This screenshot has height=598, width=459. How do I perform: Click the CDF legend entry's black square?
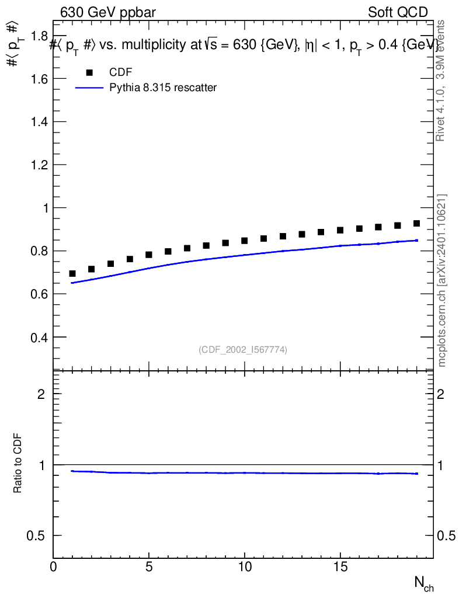89,72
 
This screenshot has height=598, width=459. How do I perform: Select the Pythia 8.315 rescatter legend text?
163,88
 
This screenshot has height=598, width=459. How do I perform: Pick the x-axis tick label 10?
245,568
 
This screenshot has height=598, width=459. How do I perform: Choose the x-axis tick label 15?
340,568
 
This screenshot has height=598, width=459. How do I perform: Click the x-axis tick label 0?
53,568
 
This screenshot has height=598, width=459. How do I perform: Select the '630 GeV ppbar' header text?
107,12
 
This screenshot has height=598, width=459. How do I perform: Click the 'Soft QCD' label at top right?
398,12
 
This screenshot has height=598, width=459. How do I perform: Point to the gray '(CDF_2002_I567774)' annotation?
243,349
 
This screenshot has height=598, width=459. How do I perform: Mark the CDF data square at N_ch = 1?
72,273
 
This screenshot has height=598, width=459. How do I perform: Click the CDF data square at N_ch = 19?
417,223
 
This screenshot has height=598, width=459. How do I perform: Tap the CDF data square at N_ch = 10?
245,241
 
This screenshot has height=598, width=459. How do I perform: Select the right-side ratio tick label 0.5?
447,536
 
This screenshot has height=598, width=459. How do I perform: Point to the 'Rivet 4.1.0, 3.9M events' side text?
441,80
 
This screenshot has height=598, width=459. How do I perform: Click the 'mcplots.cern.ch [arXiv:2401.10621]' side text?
442,280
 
